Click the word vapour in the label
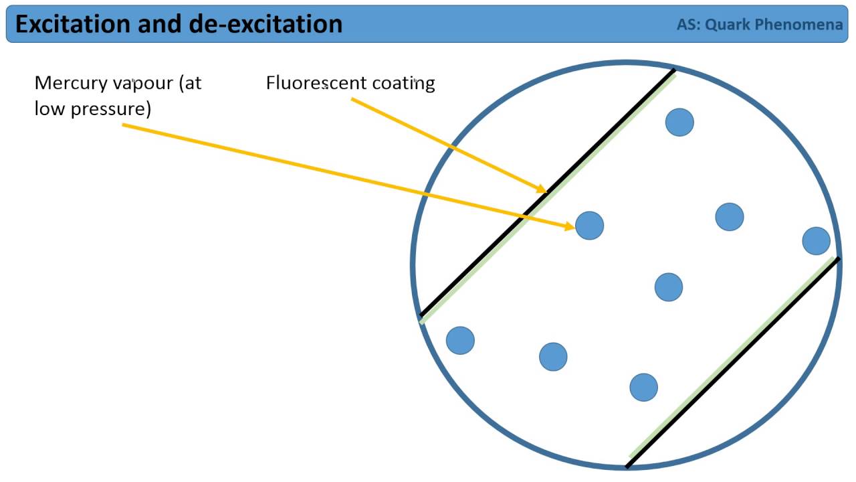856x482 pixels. pyautogui.click(x=140, y=84)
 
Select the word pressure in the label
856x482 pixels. pyautogui.click(x=108, y=108)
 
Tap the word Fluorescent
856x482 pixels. pyautogui.click(x=310, y=83)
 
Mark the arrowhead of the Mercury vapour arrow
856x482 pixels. pyautogui.click(x=570, y=227)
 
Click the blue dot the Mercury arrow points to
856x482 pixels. pyautogui.click(x=589, y=226)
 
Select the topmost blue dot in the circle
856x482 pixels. pyautogui.click(x=679, y=123)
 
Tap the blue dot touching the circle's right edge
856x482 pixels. pyautogui.click(x=816, y=241)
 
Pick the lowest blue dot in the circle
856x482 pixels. pyautogui.click(x=643, y=387)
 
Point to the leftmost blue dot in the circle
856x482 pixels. pyautogui.click(x=460, y=340)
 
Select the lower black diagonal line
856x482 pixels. pyautogui.click(x=732, y=362)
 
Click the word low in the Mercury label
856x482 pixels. pyautogui.click(x=49, y=108)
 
